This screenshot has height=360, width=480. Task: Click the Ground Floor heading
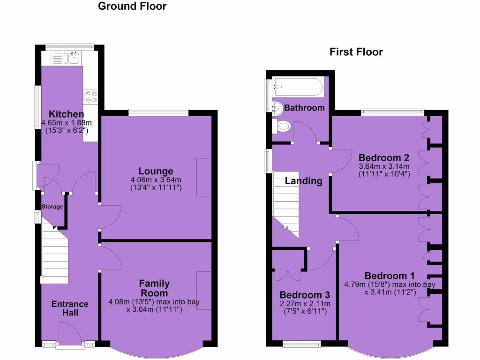pos(132,7)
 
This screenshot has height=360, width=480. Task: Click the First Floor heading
pos(356,52)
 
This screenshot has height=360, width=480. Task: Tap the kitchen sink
pos(73,58)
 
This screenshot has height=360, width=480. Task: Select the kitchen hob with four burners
pos(90,96)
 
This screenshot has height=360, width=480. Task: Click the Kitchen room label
pos(67,114)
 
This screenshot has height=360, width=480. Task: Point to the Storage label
pos(52,207)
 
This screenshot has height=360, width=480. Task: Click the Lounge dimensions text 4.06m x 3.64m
pos(155,180)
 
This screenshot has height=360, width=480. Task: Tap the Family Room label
pos(154,288)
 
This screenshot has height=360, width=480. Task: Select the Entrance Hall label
pos(69,308)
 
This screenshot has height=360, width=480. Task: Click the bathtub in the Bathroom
pos(298,87)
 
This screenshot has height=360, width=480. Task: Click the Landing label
pos(304,181)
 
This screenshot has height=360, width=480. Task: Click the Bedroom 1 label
pos(389,275)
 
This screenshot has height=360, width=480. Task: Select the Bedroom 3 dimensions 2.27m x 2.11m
pos(305,304)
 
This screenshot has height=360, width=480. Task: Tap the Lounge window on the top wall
pos(158,112)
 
